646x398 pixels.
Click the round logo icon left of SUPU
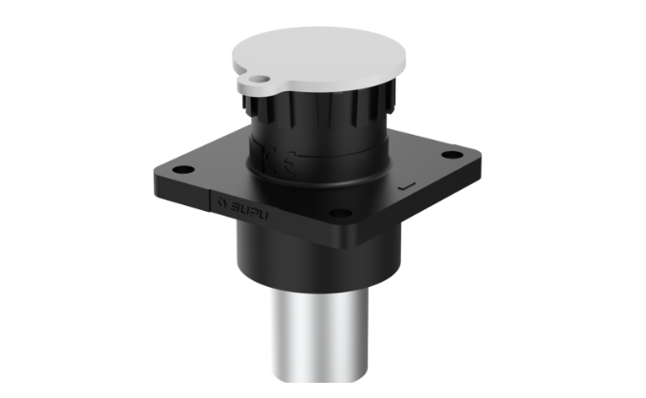click(x=220, y=200)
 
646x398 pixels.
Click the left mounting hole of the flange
click(x=185, y=171)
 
